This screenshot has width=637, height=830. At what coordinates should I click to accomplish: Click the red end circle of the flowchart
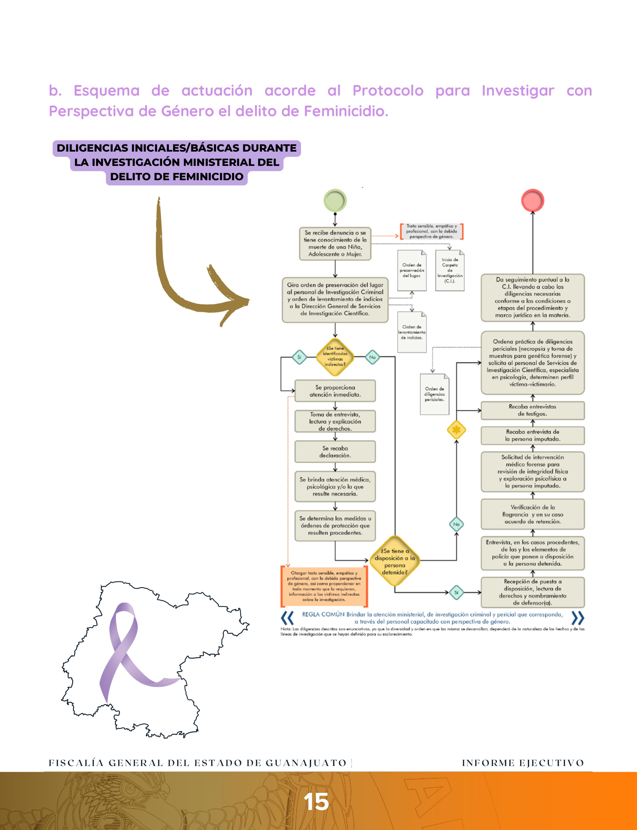532,200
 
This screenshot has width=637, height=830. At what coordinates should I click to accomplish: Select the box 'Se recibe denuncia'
335,243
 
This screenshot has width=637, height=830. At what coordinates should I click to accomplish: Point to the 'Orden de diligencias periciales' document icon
435,394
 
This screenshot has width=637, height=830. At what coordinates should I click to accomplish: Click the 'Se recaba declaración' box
335,452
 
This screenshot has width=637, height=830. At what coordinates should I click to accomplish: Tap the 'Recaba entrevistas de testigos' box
532,410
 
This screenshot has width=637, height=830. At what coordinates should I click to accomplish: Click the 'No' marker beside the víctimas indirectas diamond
372,357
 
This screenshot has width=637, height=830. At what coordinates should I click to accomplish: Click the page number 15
316,802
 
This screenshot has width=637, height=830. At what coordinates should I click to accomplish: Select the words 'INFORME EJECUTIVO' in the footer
523,763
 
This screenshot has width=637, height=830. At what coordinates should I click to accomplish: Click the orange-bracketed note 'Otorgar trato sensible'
324,586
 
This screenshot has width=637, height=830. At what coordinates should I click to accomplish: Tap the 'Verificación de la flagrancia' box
532,514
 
